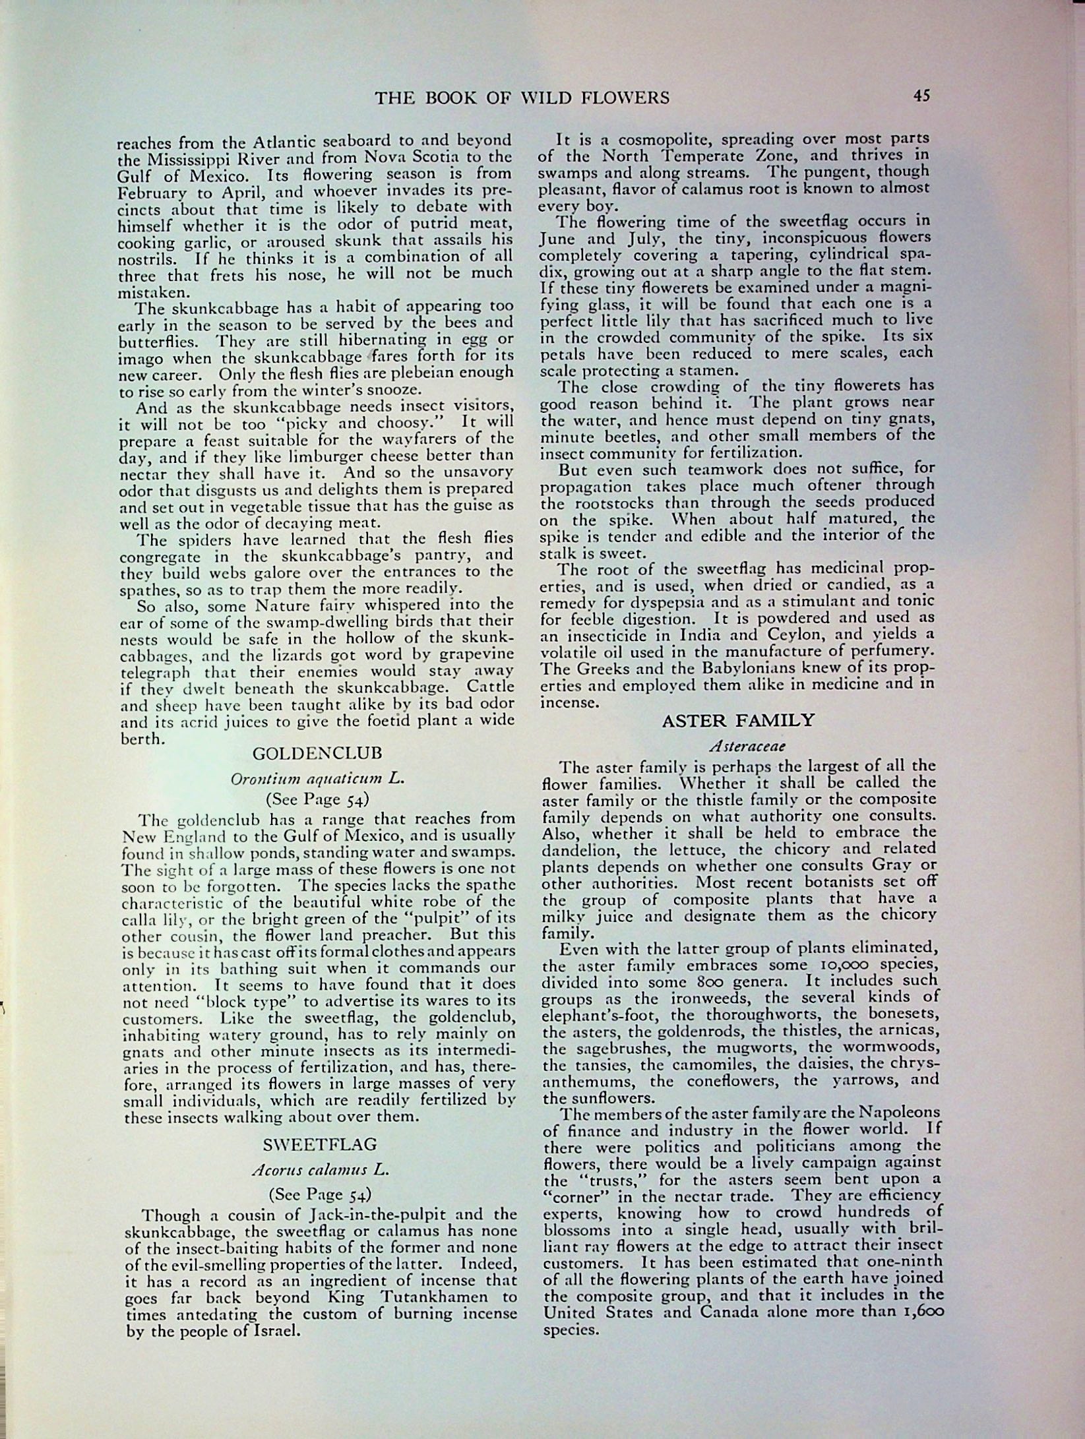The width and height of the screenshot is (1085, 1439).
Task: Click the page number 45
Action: click(921, 96)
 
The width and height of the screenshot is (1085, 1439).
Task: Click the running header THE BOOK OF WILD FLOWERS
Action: click(522, 98)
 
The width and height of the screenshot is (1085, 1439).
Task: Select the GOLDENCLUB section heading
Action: click(317, 754)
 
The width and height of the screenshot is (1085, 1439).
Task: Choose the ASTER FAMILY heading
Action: click(738, 720)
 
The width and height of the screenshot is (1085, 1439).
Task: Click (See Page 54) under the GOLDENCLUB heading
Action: click(317, 800)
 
